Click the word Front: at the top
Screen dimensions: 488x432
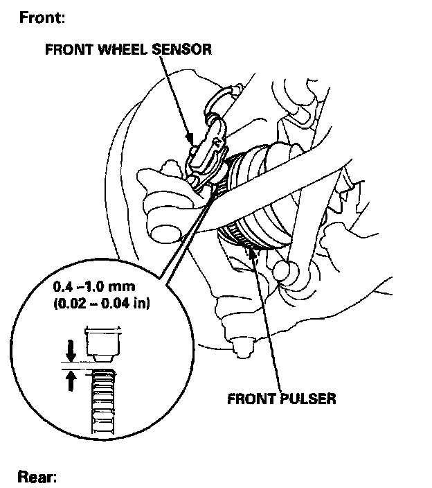(x=41, y=17)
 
